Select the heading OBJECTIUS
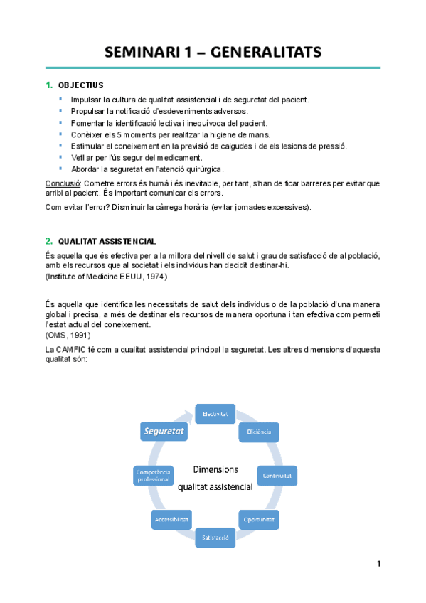tap(80, 85)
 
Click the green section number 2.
tap(48, 241)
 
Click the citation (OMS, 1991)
tap(68, 335)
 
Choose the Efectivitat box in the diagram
tap(214, 413)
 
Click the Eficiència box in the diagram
tap(258, 431)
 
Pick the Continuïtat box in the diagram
tap(276, 474)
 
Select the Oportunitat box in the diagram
tap(258, 519)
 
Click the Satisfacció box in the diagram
tap(215, 538)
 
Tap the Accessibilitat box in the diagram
tap(171, 519)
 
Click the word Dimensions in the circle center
tap(215, 469)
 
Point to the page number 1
tap(379, 564)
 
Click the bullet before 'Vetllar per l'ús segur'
tap(62, 156)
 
